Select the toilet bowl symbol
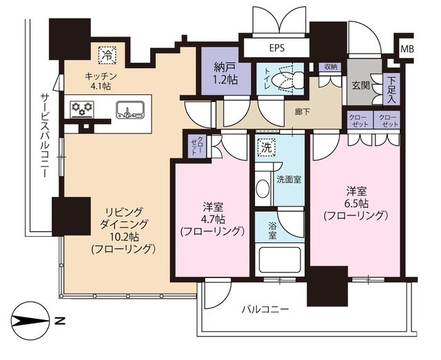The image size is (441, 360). [283, 80]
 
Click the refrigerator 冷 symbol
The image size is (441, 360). [108, 53]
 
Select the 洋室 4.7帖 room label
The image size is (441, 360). [212, 219]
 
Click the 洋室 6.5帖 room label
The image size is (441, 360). [356, 203]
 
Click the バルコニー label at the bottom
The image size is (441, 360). [265, 309]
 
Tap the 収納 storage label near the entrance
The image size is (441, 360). [327, 67]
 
